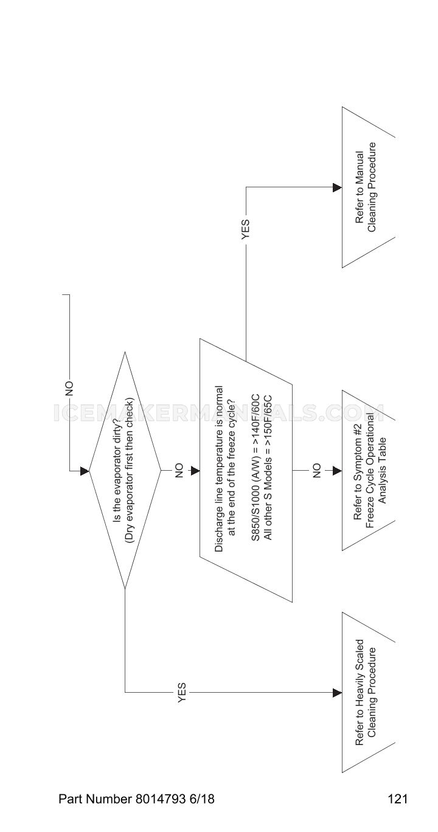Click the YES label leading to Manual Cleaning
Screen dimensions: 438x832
(x=246, y=229)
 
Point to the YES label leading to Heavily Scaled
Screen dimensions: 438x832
(x=182, y=692)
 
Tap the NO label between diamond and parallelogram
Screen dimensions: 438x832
(x=179, y=470)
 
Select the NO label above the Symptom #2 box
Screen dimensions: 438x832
(x=316, y=470)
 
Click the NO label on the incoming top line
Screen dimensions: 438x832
(x=69, y=389)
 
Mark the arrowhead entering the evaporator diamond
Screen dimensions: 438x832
(x=85, y=471)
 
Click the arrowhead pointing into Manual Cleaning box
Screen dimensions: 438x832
(x=338, y=187)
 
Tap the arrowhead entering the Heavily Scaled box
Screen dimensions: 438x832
(x=338, y=693)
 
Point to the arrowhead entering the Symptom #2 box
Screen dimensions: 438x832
(x=338, y=471)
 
